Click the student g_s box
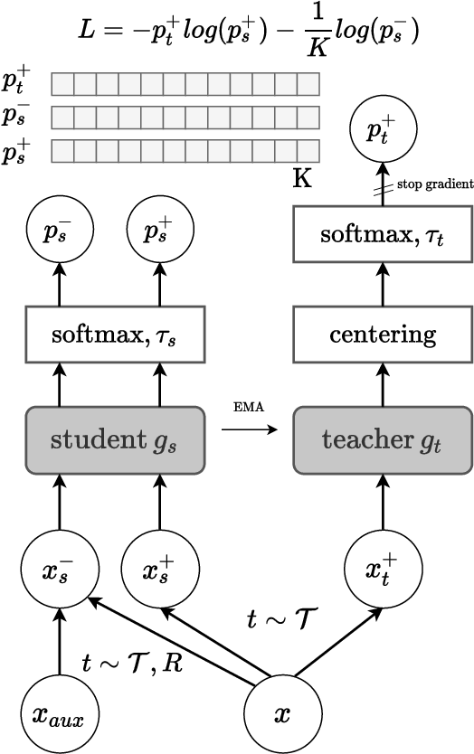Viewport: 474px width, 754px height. [x=109, y=441]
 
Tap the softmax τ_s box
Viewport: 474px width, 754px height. [x=109, y=335]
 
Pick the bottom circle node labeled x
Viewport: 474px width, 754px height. [x=281, y=714]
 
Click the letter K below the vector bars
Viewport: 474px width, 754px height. [x=301, y=178]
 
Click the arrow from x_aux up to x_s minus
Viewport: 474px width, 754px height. [x=59, y=644]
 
